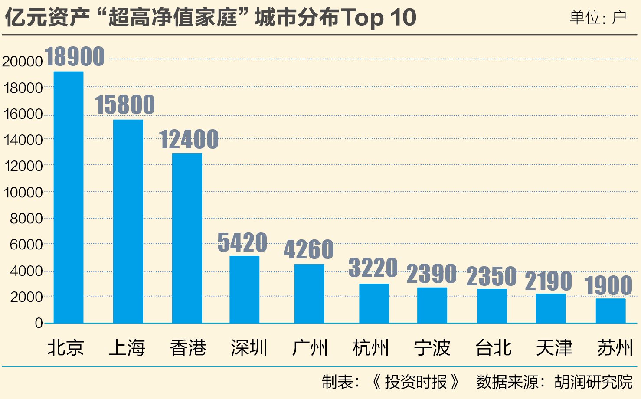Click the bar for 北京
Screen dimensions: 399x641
(x=69, y=197)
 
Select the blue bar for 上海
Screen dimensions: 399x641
(x=128, y=221)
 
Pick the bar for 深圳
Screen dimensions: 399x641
(x=244, y=289)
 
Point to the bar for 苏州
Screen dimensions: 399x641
(x=611, y=311)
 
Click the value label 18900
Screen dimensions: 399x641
(x=75, y=56)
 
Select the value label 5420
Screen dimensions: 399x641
(x=242, y=242)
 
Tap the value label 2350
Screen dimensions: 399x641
(x=491, y=276)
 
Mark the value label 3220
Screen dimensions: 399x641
(x=373, y=268)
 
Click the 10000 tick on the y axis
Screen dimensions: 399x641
(x=23, y=192)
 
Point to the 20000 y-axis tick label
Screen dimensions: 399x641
(x=23, y=62)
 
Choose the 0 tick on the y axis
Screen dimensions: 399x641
(x=39, y=323)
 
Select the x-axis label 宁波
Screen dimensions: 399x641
(x=432, y=348)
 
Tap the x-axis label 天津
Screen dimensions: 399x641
(x=554, y=348)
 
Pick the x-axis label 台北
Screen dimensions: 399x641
(x=493, y=348)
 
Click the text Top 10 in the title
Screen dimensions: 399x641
(x=379, y=18)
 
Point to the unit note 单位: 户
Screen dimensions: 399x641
(x=598, y=18)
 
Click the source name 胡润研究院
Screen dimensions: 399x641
(x=593, y=382)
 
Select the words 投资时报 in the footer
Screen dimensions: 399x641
(x=415, y=382)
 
